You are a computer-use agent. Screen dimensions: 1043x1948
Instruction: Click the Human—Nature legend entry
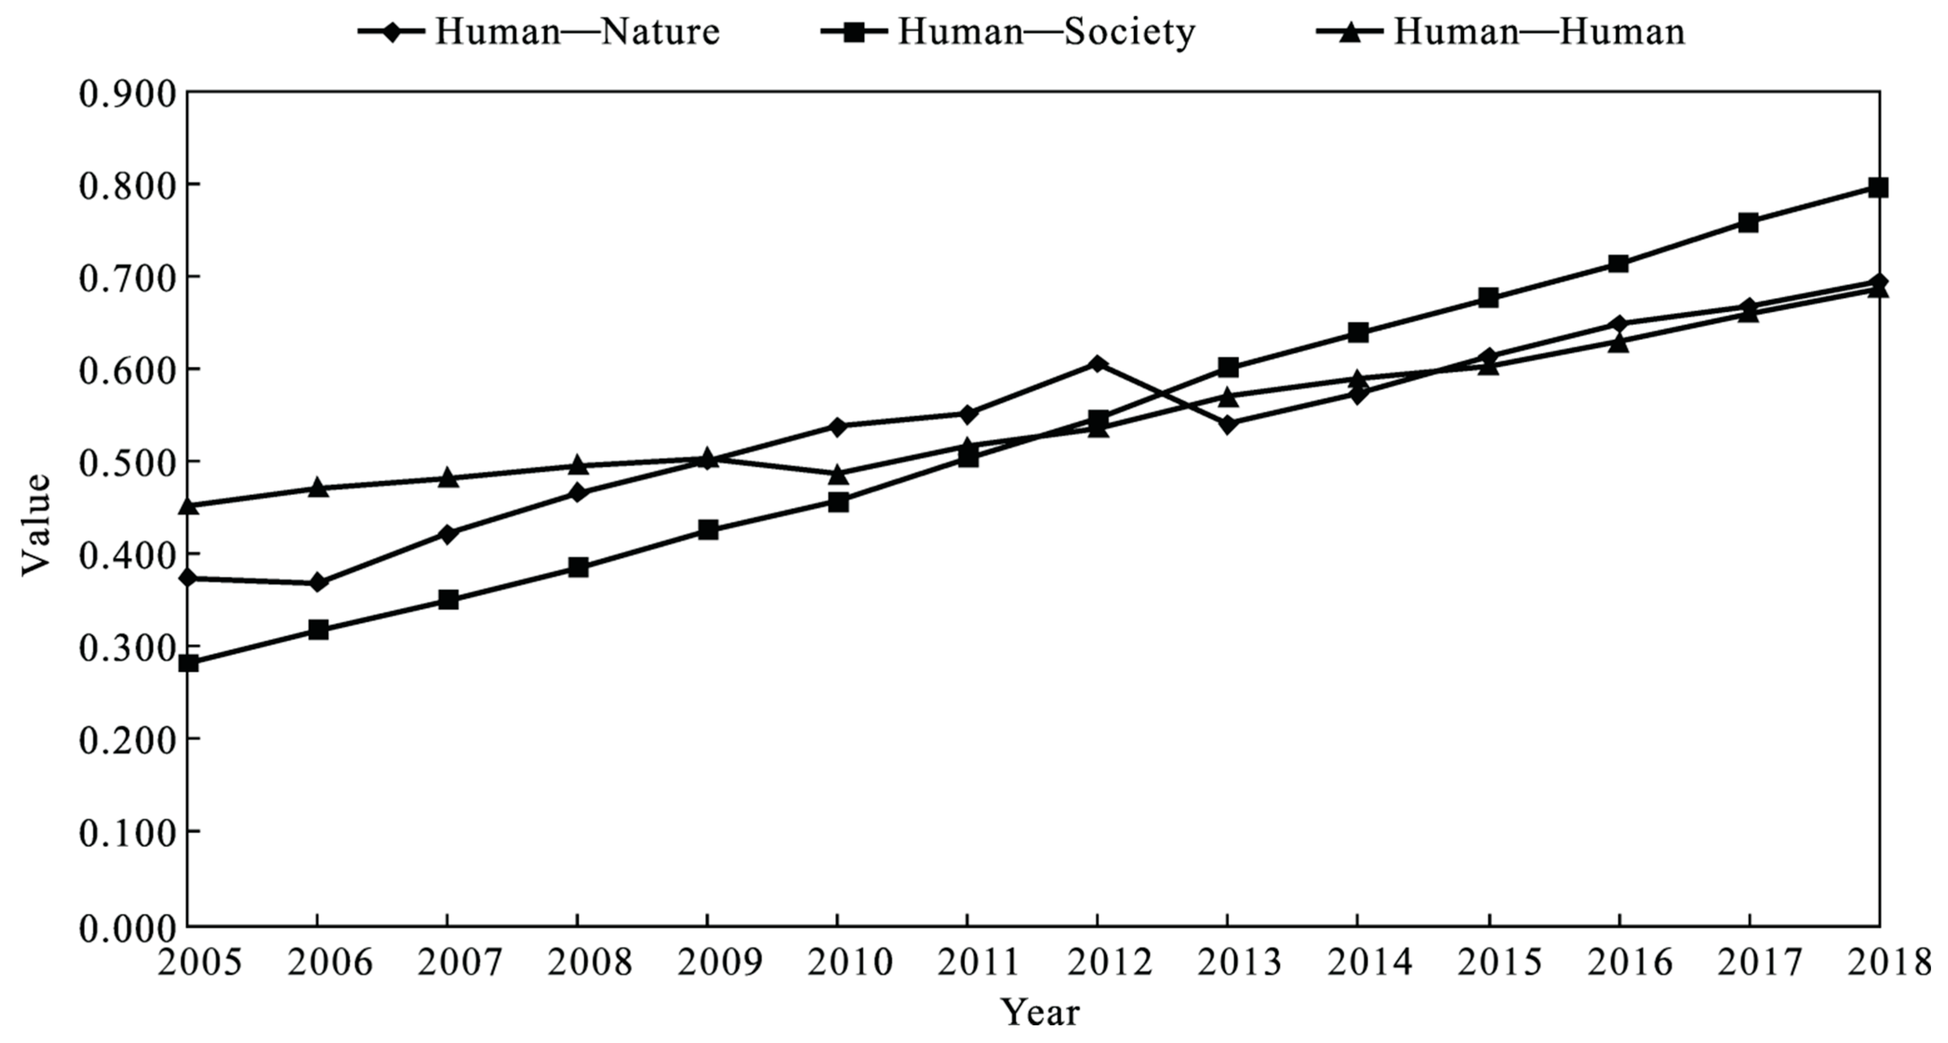pos(538,32)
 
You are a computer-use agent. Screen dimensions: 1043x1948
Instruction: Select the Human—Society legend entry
pos(1007,32)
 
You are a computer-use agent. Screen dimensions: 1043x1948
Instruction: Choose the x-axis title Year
pos(1040,1012)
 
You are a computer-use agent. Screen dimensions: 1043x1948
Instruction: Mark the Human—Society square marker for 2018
pos(1878,187)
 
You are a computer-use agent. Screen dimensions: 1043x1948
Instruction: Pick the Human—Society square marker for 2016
pos(1618,263)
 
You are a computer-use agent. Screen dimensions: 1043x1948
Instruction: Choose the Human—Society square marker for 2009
pos(708,530)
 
